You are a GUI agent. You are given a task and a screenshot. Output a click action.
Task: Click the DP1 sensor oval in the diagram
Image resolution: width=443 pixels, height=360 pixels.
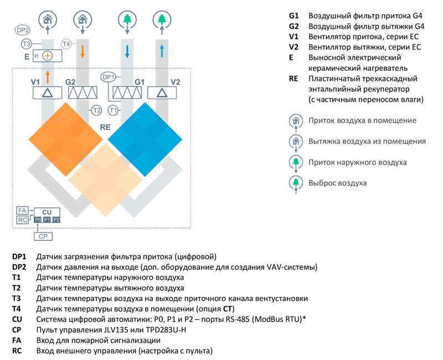tap(109, 77)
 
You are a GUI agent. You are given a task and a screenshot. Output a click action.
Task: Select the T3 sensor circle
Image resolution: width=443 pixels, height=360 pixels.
tap(26, 44)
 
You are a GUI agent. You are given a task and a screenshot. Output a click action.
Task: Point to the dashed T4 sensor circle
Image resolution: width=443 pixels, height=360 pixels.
tap(66, 43)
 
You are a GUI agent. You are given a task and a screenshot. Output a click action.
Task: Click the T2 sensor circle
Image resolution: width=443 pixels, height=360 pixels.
tap(96, 110)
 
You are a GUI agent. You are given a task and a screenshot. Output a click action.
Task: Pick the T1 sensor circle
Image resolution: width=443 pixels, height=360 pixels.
tap(114, 110)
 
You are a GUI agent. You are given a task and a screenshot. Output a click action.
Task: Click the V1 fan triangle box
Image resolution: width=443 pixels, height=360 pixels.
tap(48, 92)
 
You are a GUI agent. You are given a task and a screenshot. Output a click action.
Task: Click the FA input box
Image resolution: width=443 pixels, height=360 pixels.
tap(23, 210)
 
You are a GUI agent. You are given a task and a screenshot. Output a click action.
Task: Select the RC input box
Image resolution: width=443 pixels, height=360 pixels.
tap(23, 220)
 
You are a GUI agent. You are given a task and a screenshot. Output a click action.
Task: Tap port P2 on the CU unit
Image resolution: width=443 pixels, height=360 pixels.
tap(56, 220)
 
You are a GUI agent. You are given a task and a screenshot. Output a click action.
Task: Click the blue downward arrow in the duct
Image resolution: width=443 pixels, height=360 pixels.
tap(127, 52)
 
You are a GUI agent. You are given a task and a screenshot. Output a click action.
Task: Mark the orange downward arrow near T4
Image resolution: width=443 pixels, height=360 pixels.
tap(83, 52)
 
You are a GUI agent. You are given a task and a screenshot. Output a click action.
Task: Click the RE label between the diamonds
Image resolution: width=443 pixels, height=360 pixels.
tap(105, 127)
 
